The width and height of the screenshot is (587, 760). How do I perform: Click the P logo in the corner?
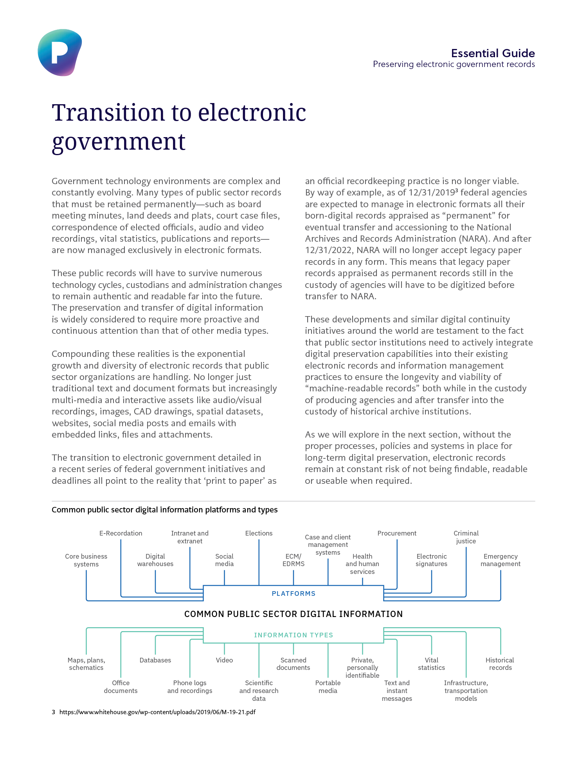(x=59, y=52)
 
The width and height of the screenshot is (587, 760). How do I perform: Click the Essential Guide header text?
(x=493, y=53)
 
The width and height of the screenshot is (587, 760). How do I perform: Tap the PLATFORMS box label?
(x=293, y=594)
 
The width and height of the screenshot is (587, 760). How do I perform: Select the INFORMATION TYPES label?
(x=293, y=635)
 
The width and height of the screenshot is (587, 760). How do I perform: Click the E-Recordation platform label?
(x=121, y=533)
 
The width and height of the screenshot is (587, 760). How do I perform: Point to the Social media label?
(x=224, y=560)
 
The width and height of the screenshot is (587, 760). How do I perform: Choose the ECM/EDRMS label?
(x=293, y=560)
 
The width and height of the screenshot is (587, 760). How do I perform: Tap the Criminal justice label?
(x=466, y=537)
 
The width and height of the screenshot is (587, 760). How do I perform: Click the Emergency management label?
(x=501, y=560)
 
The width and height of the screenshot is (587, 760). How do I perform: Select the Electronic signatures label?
(x=431, y=560)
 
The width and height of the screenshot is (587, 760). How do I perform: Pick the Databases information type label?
(x=155, y=660)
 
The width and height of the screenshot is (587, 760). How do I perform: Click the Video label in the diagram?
(x=224, y=660)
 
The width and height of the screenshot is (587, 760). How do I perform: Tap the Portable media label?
(x=328, y=687)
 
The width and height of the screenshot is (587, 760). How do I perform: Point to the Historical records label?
(x=500, y=664)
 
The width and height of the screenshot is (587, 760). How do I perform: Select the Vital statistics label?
(x=431, y=664)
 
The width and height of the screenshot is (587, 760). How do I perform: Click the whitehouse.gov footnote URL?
(x=157, y=712)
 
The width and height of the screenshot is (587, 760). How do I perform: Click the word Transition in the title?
(x=108, y=113)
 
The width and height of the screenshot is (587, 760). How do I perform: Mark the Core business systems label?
(x=86, y=560)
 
